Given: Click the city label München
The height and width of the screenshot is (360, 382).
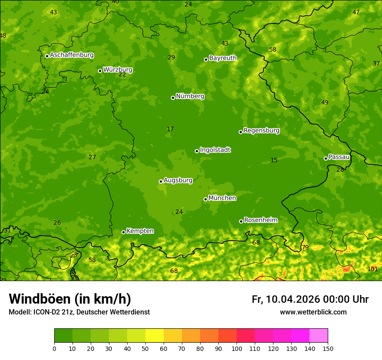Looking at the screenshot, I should pyautogui.click(x=222, y=198).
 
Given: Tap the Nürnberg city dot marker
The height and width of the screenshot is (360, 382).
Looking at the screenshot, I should pyautogui.click(x=173, y=98).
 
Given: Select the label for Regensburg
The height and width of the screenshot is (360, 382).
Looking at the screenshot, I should pyautogui.click(x=261, y=131).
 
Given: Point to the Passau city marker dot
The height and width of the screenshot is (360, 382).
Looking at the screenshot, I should pyautogui.click(x=326, y=158).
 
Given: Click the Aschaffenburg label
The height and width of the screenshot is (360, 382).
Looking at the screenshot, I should pyautogui.click(x=72, y=55).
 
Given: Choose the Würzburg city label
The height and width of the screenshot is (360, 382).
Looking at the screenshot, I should pyautogui.click(x=118, y=70).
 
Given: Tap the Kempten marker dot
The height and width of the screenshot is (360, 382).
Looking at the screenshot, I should pyautogui.click(x=123, y=232).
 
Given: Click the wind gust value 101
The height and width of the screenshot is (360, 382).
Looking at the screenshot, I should pyautogui.click(x=372, y=269).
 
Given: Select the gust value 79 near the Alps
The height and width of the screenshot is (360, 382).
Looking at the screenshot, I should pyautogui.click(x=305, y=247).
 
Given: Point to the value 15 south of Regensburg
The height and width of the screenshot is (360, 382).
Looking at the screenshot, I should pyautogui.click(x=274, y=160).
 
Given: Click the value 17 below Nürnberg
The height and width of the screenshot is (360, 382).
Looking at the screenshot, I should pyautogui.click(x=170, y=129).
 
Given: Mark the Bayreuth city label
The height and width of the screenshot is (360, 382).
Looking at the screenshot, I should pyautogui.click(x=223, y=58).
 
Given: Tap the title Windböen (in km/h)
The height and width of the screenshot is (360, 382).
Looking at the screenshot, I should pyautogui.click(x=70, y=299).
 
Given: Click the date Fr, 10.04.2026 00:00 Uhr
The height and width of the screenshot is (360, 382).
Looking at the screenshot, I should pyautogui.click(x=310, y=299).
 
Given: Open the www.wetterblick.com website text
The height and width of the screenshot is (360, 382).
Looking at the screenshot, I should pyautogui.click(x=313, y=312).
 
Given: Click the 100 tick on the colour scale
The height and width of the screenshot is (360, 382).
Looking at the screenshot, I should pyautogui.click(x=237, y=348).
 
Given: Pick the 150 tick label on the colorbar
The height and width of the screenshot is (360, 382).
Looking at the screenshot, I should pyautogui.click(x=328, y=348).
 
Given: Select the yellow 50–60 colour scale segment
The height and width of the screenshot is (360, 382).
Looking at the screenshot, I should pyautogui.click(x=155, y=336).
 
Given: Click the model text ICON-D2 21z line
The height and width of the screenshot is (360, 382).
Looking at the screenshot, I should pyautogui.click(x=79, y=312).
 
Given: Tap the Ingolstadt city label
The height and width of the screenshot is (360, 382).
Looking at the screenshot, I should pyautogui.click(x=215, y=150).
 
